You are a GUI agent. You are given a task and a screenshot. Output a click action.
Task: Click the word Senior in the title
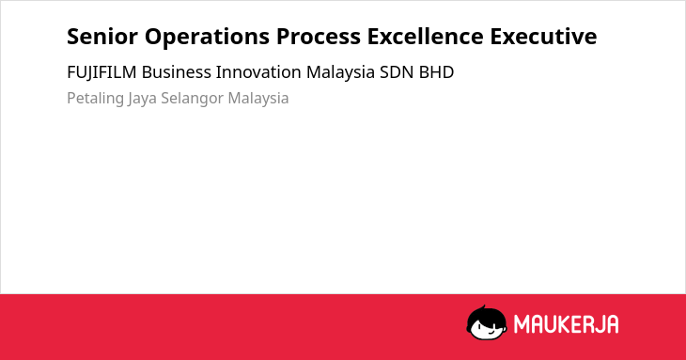click(102, 37)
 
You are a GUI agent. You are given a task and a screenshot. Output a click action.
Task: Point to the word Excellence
click(426, 37)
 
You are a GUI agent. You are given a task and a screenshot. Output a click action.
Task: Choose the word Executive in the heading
click(543, 37)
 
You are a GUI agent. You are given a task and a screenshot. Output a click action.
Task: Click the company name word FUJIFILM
click(101, 72)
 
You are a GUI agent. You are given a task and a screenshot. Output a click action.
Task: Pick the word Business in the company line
click(177, 72)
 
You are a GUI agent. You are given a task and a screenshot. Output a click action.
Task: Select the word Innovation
click(258, 72)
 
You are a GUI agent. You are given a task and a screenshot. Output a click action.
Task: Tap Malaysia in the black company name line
click(340, 73)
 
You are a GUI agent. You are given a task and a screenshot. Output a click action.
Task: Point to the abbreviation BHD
click(437, 72)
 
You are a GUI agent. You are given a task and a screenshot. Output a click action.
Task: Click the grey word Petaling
click(95, 99)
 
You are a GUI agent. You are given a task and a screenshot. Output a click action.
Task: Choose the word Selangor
click(192, 99)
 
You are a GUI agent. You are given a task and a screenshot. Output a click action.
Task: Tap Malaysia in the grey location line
click(258, 99)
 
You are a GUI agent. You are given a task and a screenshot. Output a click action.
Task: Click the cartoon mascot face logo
click(487, 323)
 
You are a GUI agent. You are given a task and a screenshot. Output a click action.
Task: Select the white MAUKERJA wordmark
click(566, 324)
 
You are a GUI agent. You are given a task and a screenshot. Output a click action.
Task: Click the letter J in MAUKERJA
click(599, 324)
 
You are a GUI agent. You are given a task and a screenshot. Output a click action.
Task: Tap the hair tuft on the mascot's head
click(483, 307)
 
